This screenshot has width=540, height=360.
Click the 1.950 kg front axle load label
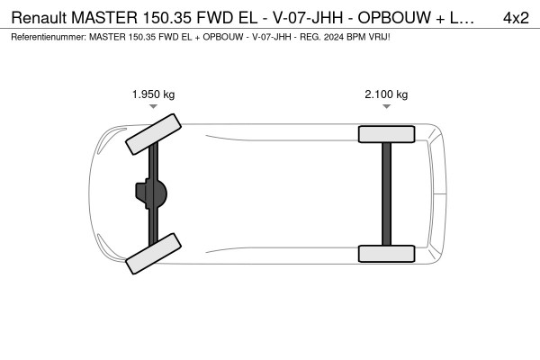(x=154, y=94)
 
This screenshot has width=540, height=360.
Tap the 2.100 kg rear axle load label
(x=386, y=94)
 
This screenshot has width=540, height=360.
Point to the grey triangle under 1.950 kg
(x=154, y=106)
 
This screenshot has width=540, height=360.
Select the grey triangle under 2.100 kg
(x=386, y=106)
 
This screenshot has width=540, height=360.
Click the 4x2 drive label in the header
(x=516, y=18)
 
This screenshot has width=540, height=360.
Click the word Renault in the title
(x=39, y=18)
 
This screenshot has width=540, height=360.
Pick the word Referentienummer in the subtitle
(x=49, y=37)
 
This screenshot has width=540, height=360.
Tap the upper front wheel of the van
(x=153, y=134)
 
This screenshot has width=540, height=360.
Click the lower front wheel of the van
(x=153, y=254)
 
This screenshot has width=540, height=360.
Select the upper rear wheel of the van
(x=386, y=134)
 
